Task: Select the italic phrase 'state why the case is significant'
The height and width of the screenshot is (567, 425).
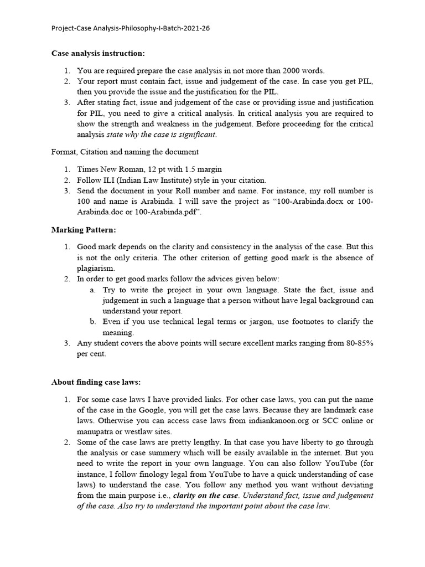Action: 161,135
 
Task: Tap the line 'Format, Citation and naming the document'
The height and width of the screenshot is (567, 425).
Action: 125,152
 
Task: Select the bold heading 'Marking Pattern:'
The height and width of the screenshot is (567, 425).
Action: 84,229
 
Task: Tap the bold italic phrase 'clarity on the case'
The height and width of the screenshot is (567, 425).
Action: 205,496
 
